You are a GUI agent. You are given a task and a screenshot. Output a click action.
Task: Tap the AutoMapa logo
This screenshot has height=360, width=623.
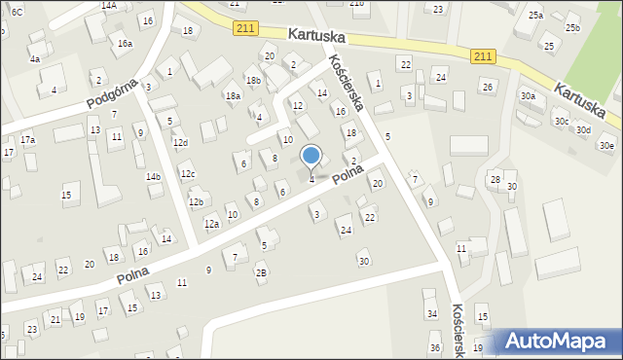[x=560, y=342]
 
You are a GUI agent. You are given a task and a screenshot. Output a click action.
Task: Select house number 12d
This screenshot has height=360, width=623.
[x=181, y=143]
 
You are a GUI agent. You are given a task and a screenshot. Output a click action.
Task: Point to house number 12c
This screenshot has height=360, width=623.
[x=188, y=174]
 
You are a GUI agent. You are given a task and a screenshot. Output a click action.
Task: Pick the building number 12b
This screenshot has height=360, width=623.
[x=196, y=202]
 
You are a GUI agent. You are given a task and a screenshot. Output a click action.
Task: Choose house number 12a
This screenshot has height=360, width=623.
[x=211, y=224]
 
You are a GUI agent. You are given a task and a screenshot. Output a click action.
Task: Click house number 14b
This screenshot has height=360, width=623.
[x=153, y=177]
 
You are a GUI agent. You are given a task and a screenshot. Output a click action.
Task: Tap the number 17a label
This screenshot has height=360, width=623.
[x=28, y=140]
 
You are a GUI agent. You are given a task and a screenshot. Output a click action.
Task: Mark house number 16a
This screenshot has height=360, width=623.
[x=125, y=44]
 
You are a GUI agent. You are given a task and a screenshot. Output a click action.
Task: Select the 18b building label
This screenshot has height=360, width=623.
[x=253, y=81]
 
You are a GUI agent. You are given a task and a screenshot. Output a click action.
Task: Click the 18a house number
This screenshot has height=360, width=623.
[x=233, y=96]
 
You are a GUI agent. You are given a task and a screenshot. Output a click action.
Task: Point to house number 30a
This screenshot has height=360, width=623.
[x=528, y=96]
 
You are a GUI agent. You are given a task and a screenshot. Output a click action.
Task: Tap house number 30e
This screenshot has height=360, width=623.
[x=607, y=146]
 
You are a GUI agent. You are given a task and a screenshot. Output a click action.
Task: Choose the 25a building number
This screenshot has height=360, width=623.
[x=535, y=16]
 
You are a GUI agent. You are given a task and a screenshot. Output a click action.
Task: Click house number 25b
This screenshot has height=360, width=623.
[x=572, y=27]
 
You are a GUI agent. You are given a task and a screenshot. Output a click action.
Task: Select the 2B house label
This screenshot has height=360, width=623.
[x=261, y=272]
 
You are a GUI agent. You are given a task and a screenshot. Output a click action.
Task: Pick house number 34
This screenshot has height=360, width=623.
[x=432, y=313]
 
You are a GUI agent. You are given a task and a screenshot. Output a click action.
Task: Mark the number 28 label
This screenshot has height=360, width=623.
[x=495, y=180]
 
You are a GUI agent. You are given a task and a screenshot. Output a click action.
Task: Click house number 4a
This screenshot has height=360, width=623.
[x=35, y=58]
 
